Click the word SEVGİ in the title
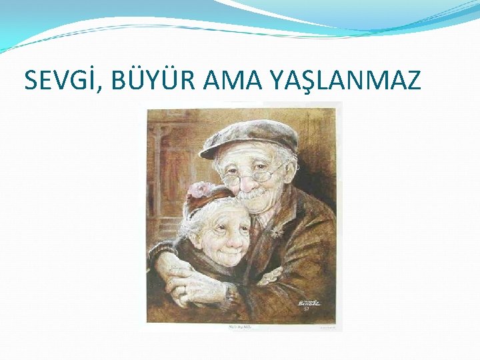[58, 80]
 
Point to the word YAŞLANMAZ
[345, 80]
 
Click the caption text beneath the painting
[244, 327]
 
